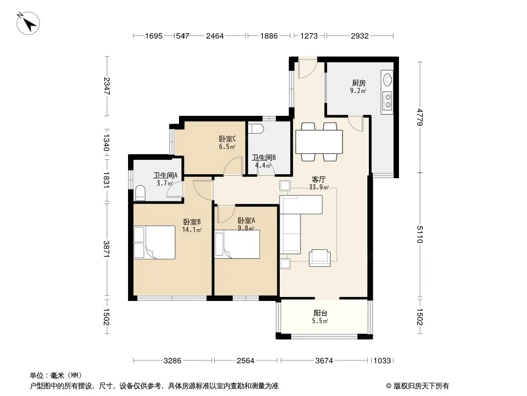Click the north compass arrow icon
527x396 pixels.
(x=28, y=23)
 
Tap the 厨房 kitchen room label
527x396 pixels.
(x=358, y=83)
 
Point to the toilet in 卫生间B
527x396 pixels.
(x=256, y=129)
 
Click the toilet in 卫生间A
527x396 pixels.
(x=140, y=193)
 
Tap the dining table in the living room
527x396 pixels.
(x=319, y=142)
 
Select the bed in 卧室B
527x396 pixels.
(x=155, y=242)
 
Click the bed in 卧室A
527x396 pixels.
(x=237, y=244)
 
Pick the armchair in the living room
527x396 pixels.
(x=320, y=258)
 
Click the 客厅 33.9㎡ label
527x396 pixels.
(x=318, y=183)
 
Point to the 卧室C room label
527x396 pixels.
(x=227, y=139)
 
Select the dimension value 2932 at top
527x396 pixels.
(x=359, y=36)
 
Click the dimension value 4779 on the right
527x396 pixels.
(x=419, y=117)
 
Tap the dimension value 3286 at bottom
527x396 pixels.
(x=173, y=361)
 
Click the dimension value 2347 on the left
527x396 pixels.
(x=107, y=86)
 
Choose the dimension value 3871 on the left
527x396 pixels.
(x=107, y=249)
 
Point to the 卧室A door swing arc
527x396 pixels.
(x=226, y=214)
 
